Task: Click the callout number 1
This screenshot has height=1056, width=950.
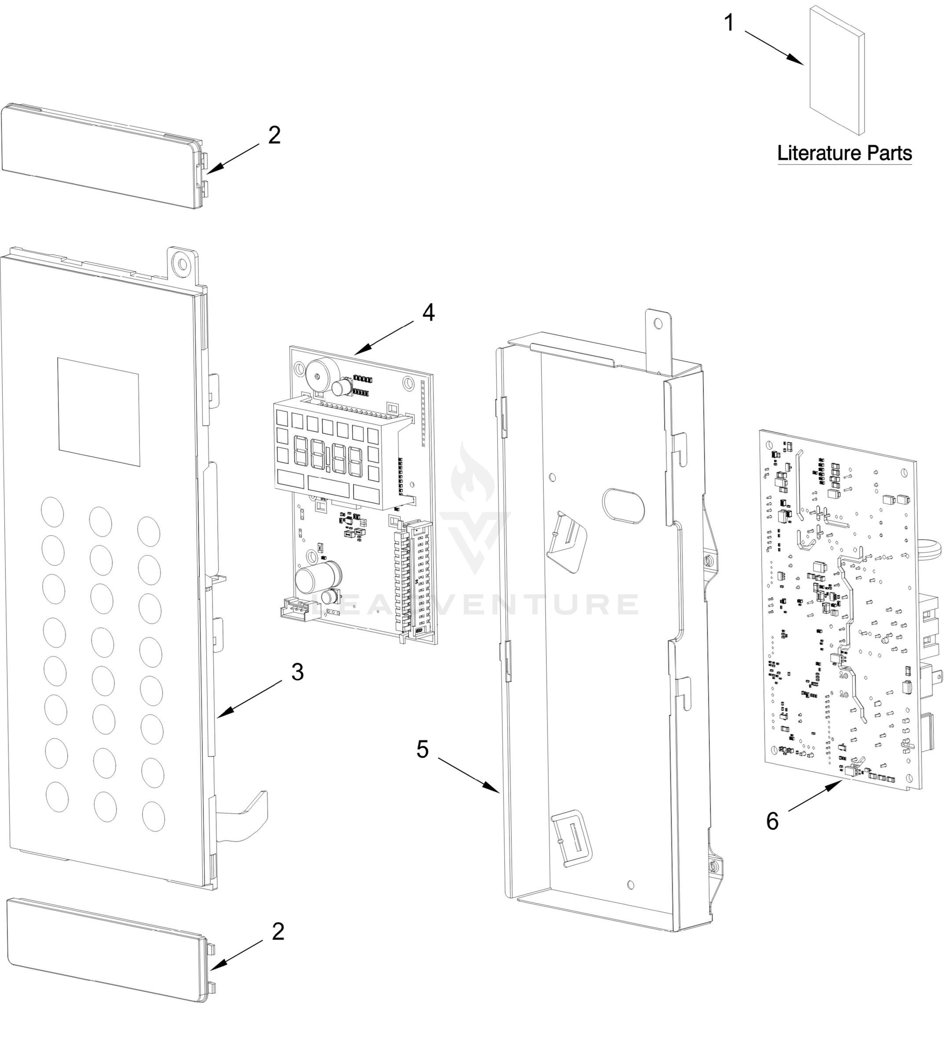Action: tap(729, 23)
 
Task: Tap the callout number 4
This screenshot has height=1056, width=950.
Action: tap(428, 312)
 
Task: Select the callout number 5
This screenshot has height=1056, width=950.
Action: tap(422, 749)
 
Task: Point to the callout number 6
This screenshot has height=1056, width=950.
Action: tap(772, 821)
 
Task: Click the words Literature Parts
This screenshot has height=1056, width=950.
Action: tap(844, 154)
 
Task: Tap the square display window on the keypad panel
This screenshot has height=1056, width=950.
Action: tap(99, 411)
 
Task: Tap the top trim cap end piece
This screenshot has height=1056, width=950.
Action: tap(102, 157)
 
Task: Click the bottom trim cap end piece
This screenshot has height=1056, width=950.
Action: tap(107, 925)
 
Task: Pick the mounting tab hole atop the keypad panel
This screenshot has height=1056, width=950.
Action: tap(182, 263)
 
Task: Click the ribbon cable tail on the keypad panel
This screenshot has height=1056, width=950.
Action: tap(245, 818)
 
